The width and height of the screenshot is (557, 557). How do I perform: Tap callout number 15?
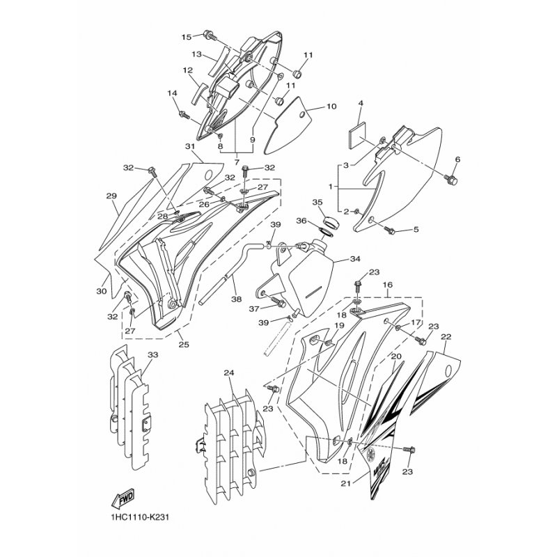(x=187, y=37)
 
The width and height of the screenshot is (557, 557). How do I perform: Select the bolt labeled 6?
(x=451, y=180)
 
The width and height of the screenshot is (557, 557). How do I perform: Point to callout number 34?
(x=355, y=259)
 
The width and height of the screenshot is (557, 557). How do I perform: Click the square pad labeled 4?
(x=357, y=133)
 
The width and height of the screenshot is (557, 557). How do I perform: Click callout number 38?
(x=236, y=299)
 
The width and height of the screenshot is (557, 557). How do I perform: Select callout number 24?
(x=229, y=373)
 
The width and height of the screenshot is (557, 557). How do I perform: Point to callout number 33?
(x=153, y=355)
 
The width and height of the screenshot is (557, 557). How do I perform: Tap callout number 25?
(x=184, y=344)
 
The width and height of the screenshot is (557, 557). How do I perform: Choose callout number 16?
(x=388, y=285)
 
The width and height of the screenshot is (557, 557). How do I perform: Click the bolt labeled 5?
(x=389, y=230)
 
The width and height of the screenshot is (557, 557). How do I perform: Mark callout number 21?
(x=345, y=484)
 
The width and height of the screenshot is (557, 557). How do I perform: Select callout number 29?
(x=111, y=196)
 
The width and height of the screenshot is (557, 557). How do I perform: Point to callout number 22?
(x=446, y=337)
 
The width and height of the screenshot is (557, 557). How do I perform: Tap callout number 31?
(x=190, y=146)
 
